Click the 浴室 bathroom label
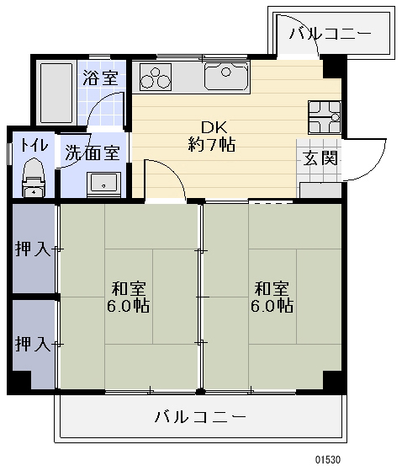99,79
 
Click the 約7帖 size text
211,144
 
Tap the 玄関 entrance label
320,158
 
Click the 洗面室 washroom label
92,154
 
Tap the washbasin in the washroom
105,182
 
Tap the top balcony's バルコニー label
330,35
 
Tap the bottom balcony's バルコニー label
200,417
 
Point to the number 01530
327,459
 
